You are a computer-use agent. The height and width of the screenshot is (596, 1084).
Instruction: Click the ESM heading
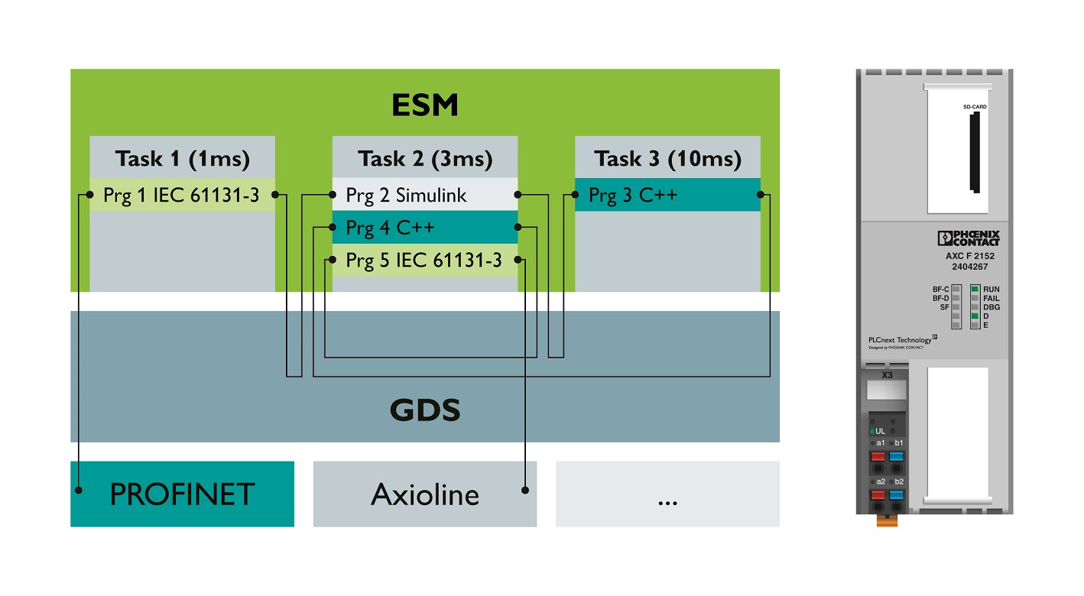pos(425,105)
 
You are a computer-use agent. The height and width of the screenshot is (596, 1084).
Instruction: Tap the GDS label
pos(425,410)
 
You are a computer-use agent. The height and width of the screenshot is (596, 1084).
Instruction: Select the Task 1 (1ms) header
pos(183,158)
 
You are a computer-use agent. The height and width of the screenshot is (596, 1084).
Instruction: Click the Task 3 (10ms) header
pos(667,158)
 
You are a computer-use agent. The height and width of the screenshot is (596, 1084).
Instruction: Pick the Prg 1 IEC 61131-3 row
pos(183,195)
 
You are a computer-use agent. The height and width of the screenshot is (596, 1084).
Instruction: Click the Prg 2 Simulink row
pos(425,195)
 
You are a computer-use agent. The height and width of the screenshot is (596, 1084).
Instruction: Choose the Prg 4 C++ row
pos(425,228)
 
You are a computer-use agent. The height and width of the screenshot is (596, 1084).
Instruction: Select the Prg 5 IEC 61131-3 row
pos(425,261)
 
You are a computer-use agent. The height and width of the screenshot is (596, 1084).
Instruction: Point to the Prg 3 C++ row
pos(667,195)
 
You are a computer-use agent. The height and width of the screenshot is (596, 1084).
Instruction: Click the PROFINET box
pos(183,494)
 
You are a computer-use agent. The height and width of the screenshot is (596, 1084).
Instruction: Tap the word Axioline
pos(425,494)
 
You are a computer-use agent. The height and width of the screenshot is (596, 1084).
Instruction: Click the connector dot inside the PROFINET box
pos(79,491)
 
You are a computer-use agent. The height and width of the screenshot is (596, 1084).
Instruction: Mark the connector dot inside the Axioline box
pos(525,491)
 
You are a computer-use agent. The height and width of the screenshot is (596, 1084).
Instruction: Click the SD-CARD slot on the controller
pos(975,152)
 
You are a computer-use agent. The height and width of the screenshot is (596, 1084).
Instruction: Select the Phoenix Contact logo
pos(969,238)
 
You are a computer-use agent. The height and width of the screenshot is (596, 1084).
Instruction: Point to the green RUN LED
pos(975,290)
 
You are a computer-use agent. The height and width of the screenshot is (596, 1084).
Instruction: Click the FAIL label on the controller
pos(991,299)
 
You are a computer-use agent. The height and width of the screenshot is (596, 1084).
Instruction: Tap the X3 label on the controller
pos(887,375)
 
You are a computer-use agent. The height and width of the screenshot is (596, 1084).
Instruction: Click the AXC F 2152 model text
pos(970,256)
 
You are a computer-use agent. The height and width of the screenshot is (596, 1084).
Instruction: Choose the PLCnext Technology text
pos(900,339)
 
